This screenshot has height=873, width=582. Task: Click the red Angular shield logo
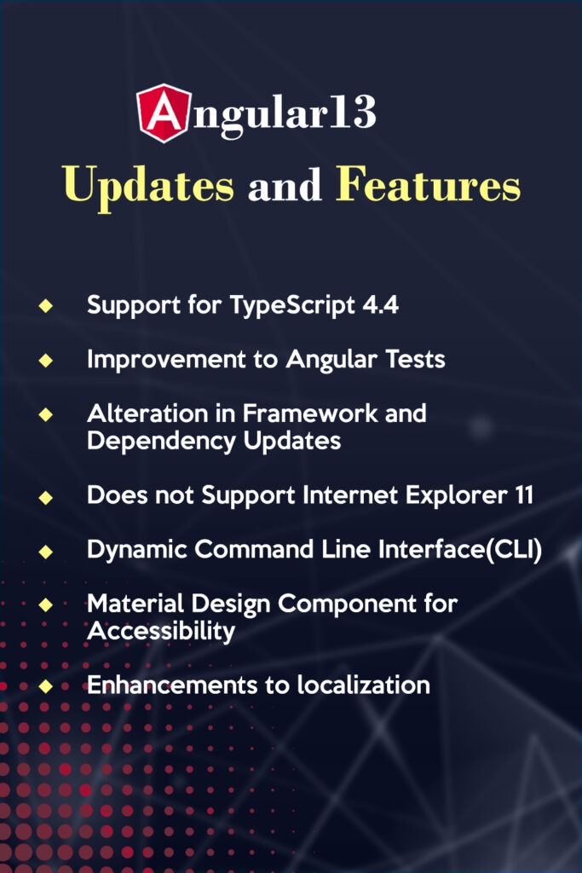164,113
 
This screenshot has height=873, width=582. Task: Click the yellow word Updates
148,185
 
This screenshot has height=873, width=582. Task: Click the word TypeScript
292,306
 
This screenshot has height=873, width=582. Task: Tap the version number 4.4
381,304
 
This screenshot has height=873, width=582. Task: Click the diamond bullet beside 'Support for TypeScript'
46,305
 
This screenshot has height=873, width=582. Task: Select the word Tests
416,359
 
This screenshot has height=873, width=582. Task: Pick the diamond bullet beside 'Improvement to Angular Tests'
46,361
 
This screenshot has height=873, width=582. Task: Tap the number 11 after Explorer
523,495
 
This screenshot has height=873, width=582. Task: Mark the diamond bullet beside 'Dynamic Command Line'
46,552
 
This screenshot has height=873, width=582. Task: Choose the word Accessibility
161,632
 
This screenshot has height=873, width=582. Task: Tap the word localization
363,685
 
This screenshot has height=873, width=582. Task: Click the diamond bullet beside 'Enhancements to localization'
46,686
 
